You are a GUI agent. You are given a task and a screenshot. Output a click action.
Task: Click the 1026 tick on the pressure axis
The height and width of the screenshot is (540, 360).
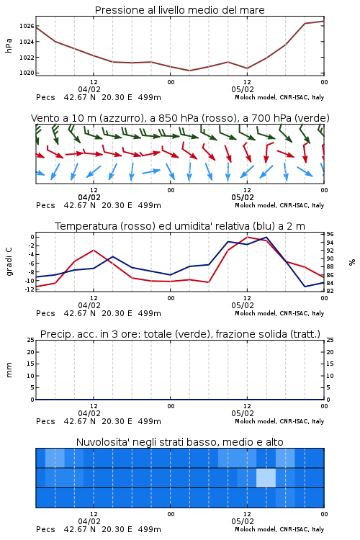(26, 26)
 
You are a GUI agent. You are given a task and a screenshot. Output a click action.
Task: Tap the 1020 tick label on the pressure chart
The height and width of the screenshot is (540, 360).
(26, 73)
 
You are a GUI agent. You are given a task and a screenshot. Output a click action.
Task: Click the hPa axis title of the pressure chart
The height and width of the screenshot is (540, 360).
(9, 45)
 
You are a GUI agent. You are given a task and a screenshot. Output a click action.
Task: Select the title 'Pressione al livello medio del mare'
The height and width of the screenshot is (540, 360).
(180, 10)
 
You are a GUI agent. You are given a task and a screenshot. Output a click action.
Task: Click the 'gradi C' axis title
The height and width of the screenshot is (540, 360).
(9, 261)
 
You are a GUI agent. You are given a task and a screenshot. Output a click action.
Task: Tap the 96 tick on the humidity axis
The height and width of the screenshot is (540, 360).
(330, 234)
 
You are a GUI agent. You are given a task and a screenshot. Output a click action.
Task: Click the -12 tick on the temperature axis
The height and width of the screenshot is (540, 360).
(30, 289)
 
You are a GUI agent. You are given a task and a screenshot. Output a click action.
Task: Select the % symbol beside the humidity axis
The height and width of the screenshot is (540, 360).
(352, 262)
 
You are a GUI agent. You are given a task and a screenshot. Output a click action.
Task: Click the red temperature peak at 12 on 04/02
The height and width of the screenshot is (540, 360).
(94, 250)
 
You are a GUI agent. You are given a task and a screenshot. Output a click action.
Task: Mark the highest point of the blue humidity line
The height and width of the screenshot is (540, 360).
(266, 237)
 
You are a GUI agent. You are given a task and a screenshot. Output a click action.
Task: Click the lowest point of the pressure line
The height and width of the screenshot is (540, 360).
(189, 71)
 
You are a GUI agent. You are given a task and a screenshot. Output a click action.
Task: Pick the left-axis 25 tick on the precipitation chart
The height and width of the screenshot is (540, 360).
(31, 340)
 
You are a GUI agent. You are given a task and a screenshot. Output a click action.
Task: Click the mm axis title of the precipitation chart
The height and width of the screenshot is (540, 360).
(9, 369)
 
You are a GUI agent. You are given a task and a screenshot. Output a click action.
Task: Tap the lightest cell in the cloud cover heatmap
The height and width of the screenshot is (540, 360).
(266, 477)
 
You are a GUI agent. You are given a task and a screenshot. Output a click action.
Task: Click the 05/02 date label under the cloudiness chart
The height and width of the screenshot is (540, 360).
(243, 521)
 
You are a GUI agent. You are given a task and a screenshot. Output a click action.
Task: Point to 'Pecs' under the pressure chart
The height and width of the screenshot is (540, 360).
(45, 97)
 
